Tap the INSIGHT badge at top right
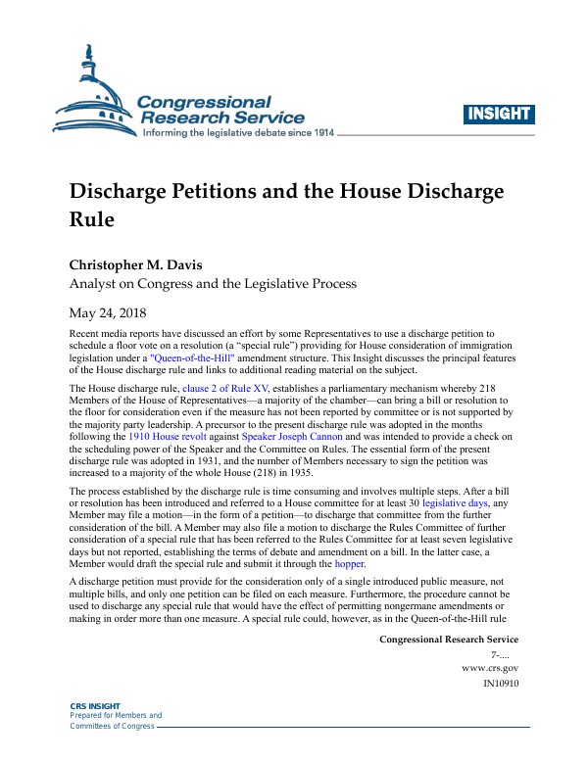click(499, 114)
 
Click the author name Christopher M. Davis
click(147, 264)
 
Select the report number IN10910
click(501, 684)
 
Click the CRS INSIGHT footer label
click(95, 706)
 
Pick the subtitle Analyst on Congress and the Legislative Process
click(213, 285)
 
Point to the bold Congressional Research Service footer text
click(448, 640)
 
